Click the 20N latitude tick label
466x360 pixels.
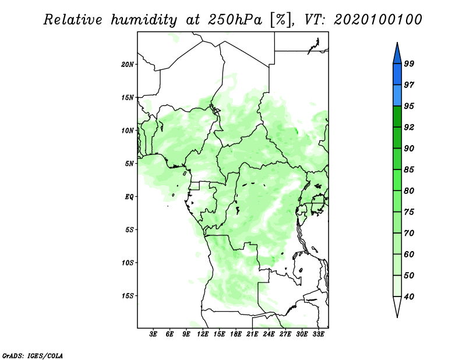128,64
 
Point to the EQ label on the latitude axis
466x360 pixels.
129,196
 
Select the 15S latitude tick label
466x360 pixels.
128,296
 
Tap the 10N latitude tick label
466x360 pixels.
128,130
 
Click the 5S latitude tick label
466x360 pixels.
129,230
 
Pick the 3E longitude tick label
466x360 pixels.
153,334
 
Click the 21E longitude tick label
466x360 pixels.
253,334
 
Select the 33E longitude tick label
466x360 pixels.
319,334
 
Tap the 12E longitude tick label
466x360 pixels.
203,334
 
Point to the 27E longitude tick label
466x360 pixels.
285,334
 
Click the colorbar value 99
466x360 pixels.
409,64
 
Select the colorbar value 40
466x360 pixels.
409,297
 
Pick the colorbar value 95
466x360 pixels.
409,107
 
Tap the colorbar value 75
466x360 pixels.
409,213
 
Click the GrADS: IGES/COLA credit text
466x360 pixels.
32,355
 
